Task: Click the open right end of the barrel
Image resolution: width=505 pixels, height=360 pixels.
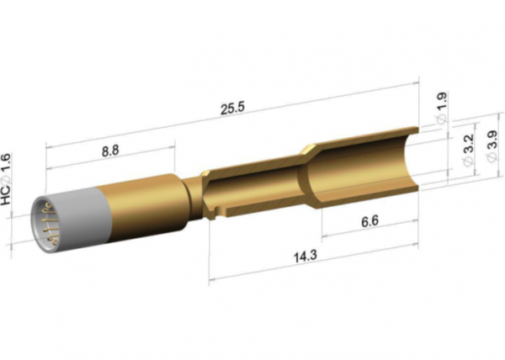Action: click(412, 160)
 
